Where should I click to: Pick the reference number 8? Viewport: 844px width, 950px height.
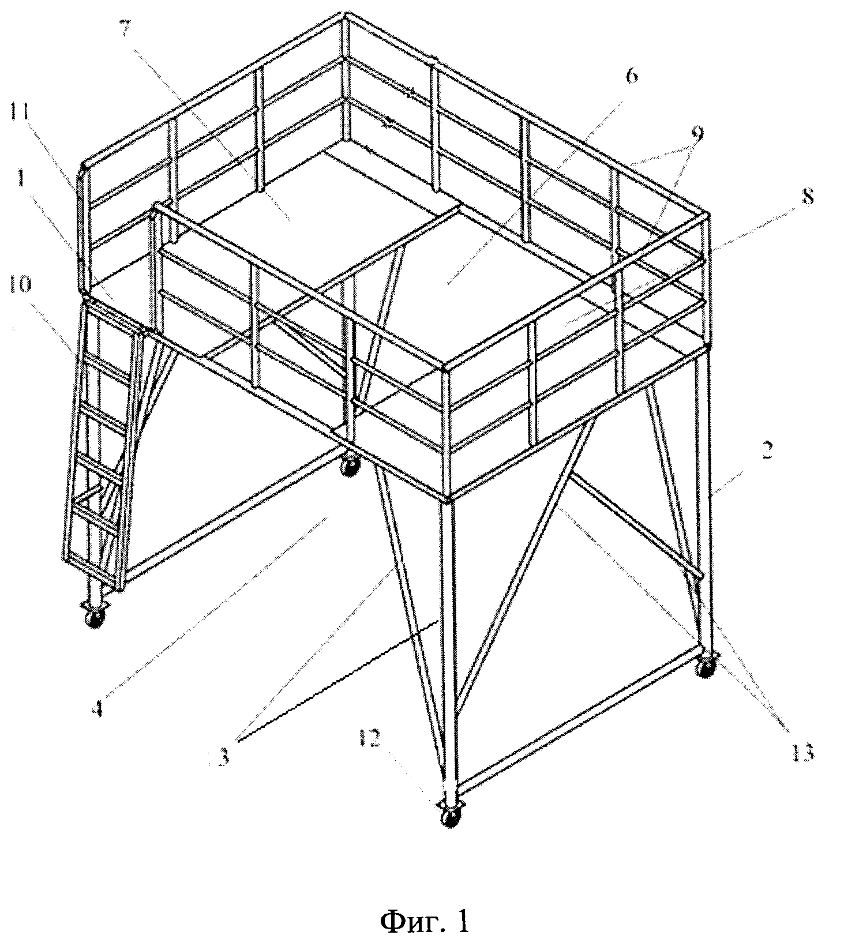pyautogui.click(x=808, y=196)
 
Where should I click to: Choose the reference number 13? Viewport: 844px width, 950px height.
pyautogui.click(x=803, y=752)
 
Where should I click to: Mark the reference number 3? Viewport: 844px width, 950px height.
pyautogui.click(x=224, y=756)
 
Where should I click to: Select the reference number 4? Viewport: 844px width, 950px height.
pyautogui.click(x=99, y=708)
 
